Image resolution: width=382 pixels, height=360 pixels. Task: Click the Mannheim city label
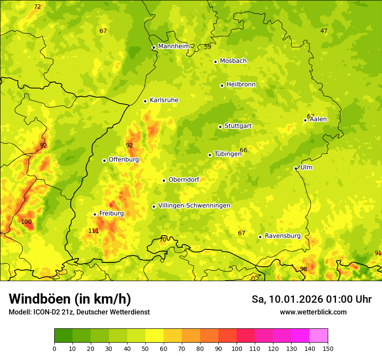[174, 46]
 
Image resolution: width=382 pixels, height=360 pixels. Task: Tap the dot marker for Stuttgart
[220, 127]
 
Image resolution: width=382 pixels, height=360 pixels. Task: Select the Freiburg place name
[111, 213]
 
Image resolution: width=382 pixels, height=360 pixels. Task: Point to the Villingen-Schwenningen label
[194, 206]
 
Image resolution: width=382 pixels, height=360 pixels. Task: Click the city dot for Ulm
[296, 168]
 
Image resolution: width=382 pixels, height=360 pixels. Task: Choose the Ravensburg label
[283, 236]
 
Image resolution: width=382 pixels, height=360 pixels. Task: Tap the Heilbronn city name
[241, 85]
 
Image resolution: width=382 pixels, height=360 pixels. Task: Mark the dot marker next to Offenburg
[104, 160]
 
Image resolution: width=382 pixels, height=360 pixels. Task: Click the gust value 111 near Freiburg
[93, 231]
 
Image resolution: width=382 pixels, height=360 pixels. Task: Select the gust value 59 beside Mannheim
[207, 47]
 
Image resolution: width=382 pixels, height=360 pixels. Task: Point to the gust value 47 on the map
[324, 31]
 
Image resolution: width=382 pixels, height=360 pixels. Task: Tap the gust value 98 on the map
[303, 269]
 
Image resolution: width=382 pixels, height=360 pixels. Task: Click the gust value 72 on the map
[37, 7]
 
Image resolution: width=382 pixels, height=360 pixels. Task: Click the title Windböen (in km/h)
[70, 299]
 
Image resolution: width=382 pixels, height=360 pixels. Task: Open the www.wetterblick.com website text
[313, 312]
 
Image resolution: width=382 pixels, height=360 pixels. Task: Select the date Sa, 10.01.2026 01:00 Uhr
[311, 299]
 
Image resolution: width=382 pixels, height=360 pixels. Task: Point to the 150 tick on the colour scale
[328, 348]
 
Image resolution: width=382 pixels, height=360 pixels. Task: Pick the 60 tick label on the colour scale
[164, 348]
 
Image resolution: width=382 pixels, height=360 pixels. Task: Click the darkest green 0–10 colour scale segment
[63, 335]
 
